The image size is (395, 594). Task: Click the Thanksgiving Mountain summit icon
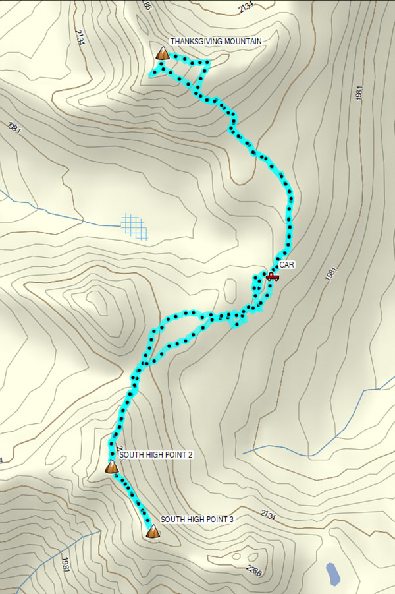click(x=162, y=53)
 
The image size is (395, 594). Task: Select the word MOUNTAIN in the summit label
click(x=243, y=41)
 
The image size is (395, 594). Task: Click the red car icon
click(x=272, y=276)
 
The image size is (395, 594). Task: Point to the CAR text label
click(x=286, y=264)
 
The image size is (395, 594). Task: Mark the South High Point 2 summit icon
click(x=112, y=467)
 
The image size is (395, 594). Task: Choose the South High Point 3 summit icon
click(x=153, y=531)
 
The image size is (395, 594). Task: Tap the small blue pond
click(x=333, y=574)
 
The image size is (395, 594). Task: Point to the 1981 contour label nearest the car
click(x=331, y=274)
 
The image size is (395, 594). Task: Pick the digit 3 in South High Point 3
click(x=231, y=520)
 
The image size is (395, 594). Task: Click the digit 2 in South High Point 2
click(x=190, y=455)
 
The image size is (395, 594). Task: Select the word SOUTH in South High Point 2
click(x=132, y=455)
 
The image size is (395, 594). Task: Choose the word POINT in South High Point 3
click(x=215, y=520)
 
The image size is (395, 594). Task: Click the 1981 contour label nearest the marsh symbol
click(x=14, y=128)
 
